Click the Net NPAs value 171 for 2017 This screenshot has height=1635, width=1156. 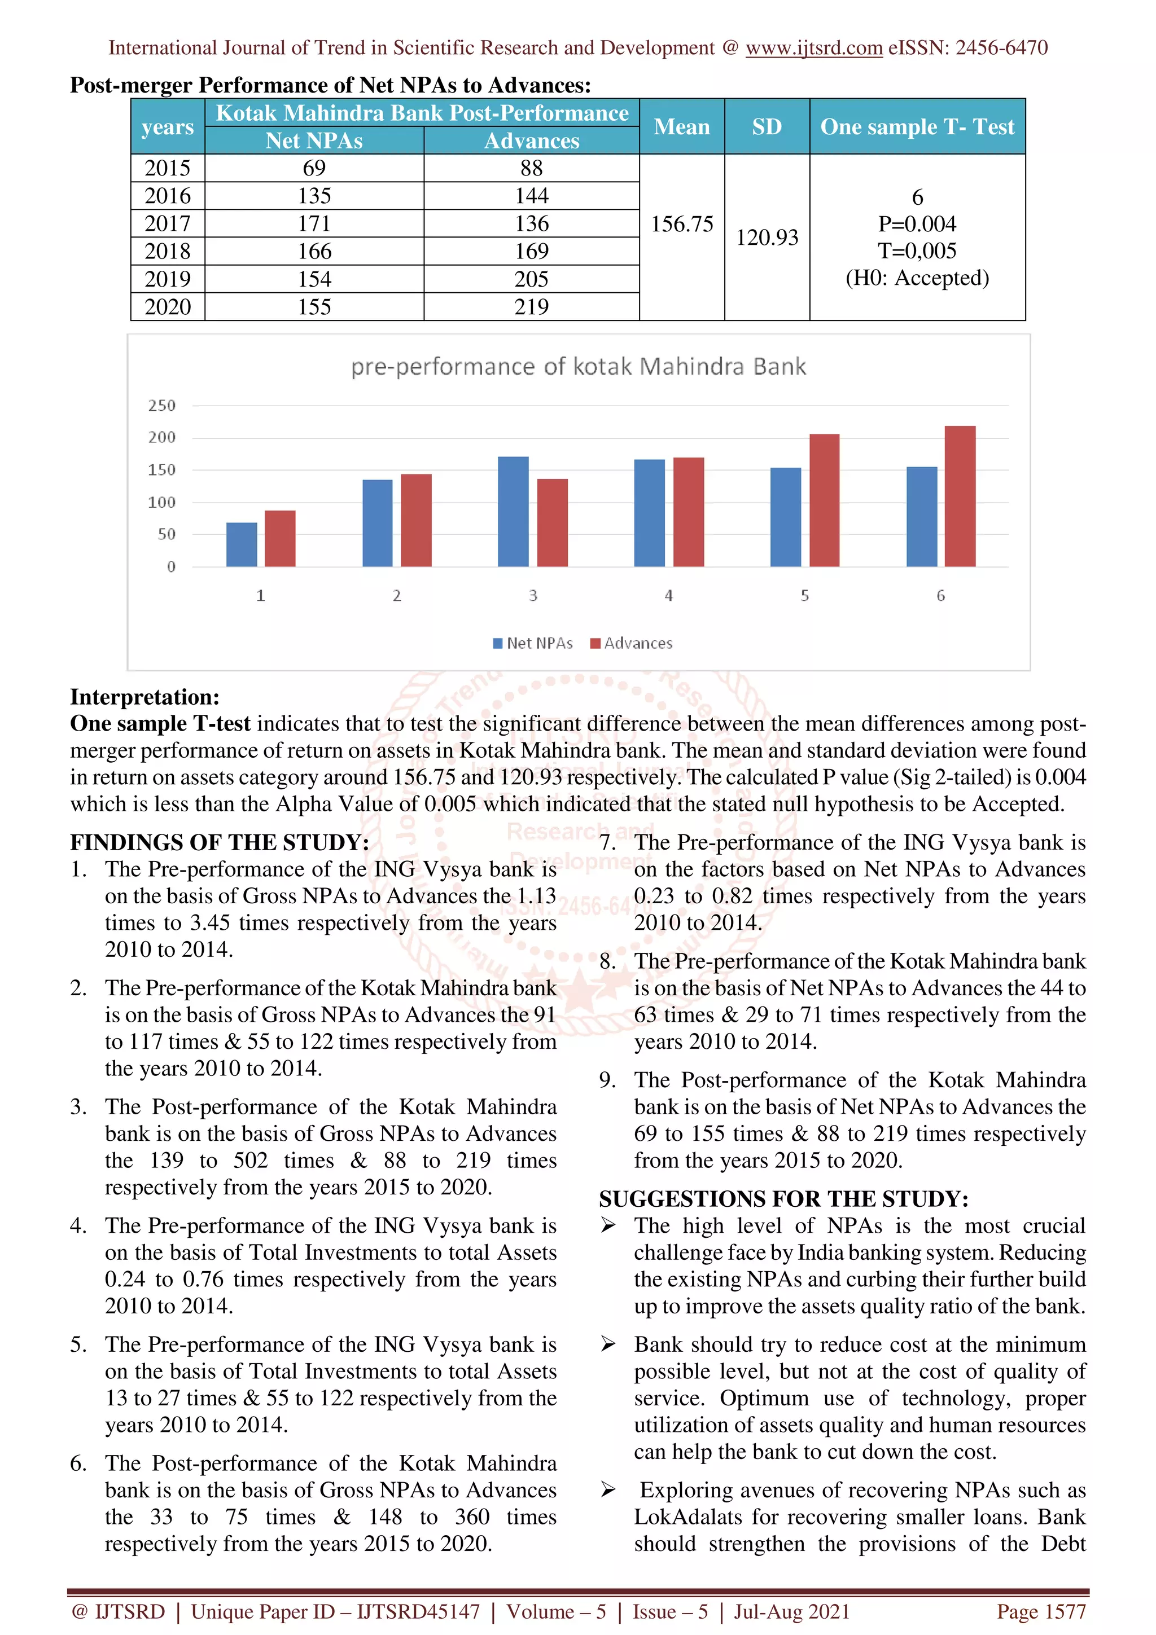pos(314,223)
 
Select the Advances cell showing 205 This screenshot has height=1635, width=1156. pos(531,279)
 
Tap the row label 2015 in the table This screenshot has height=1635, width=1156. pos(168,168)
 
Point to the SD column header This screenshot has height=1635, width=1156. pos(767,127)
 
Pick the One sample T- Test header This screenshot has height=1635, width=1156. pos(917,127)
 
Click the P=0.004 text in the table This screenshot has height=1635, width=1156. pos(917,225)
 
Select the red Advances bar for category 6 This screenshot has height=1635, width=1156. pos(960,496)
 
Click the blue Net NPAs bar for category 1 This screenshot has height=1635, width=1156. pos(242,545)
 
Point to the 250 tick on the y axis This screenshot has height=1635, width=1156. pos(161,406)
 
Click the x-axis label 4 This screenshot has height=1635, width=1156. pos(668,595)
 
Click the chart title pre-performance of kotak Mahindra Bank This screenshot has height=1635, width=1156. pos(579,367)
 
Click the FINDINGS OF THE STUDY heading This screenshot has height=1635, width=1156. pos(220,842)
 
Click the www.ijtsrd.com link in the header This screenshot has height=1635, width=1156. pos(813,48)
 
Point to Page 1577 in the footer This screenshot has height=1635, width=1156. pos(1041,1611)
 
